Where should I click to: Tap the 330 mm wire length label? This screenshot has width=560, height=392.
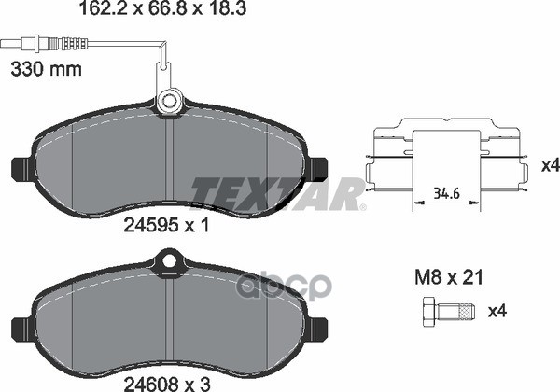tap(46, 69)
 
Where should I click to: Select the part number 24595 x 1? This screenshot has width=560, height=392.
tap(166, 224)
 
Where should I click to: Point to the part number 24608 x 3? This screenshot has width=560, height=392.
tap(166, 380)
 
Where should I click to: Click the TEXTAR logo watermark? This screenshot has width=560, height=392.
tap(278, 192)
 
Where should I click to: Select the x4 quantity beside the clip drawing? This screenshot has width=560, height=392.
tap(549, 165)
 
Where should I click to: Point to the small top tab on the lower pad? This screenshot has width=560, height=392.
tap(169, 263)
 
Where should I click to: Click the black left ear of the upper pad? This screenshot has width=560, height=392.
tap(21, 169)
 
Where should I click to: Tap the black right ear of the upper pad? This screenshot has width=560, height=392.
tap(317, 169)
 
